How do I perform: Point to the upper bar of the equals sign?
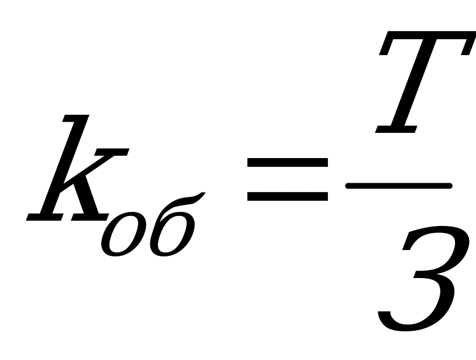287,162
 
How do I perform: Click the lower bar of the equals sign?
287,196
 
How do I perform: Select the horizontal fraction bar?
399,186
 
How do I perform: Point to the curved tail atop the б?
182,202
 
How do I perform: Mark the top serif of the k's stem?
76,118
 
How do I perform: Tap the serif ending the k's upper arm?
112,152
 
